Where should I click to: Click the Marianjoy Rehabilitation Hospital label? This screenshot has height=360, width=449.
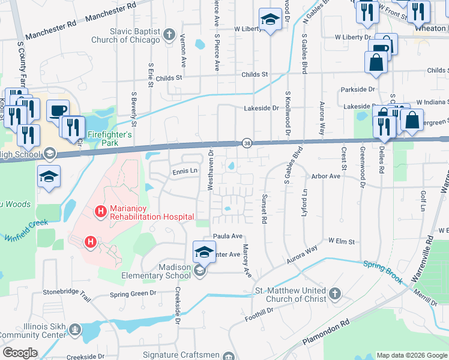coord(152,212)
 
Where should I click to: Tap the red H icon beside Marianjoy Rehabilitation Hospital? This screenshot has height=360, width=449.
coord(101,211)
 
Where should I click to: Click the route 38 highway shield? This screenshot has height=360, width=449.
coord(247,143)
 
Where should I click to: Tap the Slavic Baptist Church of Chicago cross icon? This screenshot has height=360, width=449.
coord(169,34)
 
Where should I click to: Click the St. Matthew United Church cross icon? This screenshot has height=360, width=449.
coord(335,294)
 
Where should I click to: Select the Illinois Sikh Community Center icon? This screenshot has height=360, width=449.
coord(74,329)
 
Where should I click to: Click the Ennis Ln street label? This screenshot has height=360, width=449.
coord(185,171)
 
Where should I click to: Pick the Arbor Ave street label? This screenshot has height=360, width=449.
coord(325,176)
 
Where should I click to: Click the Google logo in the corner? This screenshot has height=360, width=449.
coord(20,353)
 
